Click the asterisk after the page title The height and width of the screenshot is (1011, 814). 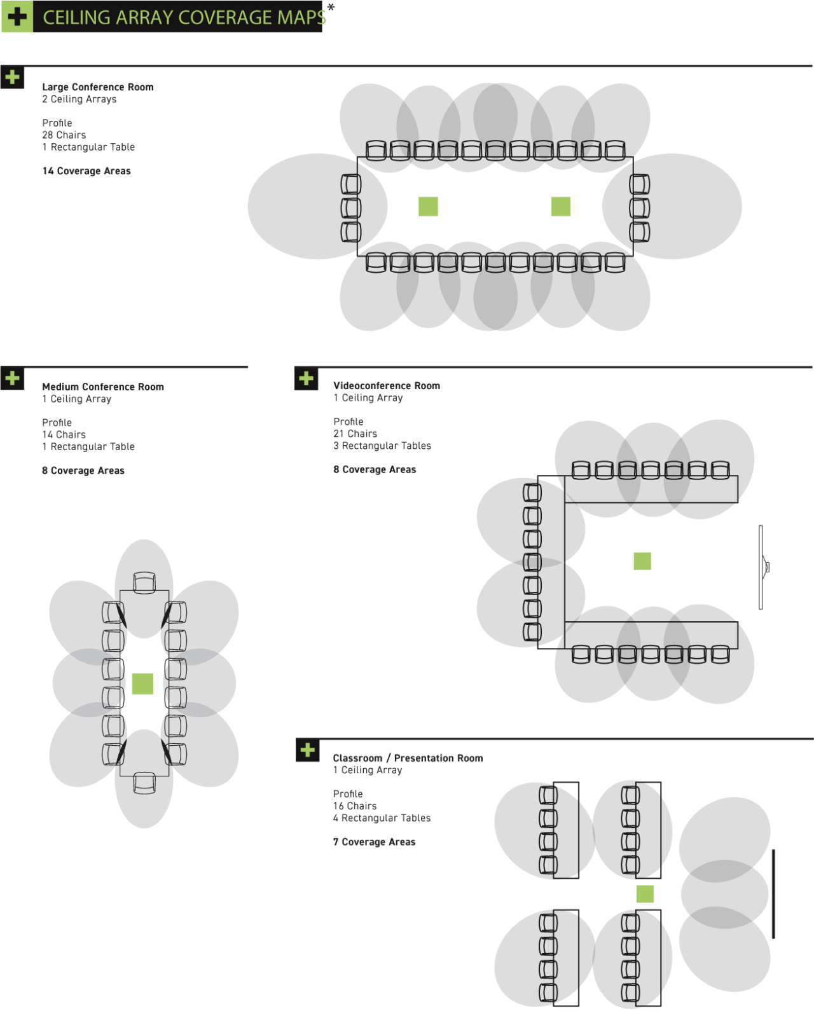click(331, 7)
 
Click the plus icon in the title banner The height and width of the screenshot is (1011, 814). click(17, 17)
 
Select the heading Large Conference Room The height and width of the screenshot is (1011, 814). click(98, 87)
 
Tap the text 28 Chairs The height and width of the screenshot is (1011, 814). click(64, 135)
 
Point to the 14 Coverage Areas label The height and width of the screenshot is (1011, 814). click(86, 171)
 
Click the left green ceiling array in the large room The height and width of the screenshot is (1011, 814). click(428, 206)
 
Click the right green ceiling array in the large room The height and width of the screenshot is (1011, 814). click(561, 206)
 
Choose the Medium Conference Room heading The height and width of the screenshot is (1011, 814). click(103, 387)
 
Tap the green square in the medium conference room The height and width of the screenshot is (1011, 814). click(142, 684)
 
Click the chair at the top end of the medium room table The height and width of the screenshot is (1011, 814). click(144, 582)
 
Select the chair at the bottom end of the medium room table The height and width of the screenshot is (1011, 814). click(144, 783)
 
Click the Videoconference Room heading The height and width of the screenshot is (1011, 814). click(387, 386)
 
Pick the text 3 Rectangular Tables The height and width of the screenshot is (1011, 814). click(382, 445)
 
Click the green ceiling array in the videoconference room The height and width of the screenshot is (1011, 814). click(642, 561)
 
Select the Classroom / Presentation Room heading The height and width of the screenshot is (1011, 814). click(408, 758)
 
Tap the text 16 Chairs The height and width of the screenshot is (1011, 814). click(355, 806)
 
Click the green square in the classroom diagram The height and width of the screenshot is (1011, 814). click(645, 893)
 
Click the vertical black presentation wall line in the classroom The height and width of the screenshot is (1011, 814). click(773, 893)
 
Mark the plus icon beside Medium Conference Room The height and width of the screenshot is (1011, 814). click(12, 378)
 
